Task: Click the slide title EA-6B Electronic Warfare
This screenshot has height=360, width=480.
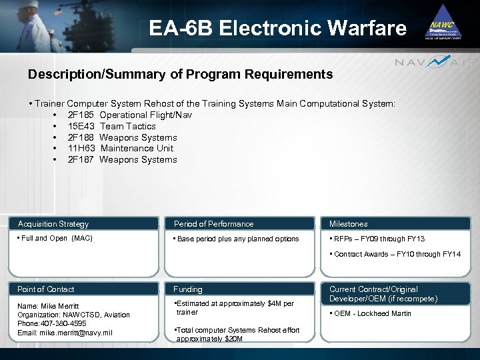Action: click(x=277, y=29)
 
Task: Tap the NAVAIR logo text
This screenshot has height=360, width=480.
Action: click(x=436, y=63)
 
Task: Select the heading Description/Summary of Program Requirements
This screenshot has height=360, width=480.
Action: click(x=180, y=75)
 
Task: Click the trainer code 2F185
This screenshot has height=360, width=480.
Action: click(x=81, y=115)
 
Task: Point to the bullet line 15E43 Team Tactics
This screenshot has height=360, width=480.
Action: click(x=111, y=126)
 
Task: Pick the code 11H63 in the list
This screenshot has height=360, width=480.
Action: click(x=81, y=148)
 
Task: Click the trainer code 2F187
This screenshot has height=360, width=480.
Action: click(x=81, y=159)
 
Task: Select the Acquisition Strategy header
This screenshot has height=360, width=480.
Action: click(x=53, y=224)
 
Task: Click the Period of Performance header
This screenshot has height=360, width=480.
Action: click(x=213, y=224)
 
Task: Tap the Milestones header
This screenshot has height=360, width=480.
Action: click(x=348, y=224)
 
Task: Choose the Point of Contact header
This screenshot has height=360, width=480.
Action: click(x=46, y=289)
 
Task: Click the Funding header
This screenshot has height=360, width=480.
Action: click(x=188, y=289)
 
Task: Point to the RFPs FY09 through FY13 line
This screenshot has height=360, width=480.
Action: click(x=379, y=239)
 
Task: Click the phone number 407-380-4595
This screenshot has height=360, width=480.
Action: click(x=65, y=323)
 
